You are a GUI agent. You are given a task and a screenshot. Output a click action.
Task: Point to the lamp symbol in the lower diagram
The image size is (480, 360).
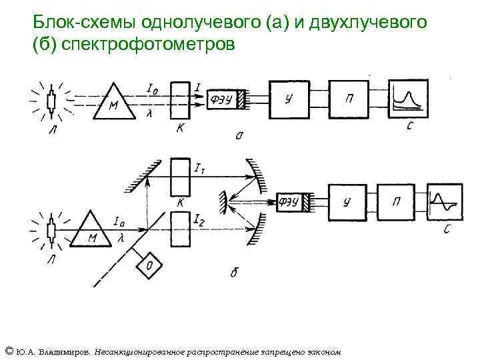coord(51,231)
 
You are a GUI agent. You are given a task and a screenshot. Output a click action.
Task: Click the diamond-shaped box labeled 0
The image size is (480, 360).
coord(147,265)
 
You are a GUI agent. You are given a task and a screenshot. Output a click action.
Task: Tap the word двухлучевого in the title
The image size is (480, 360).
coord(368,23)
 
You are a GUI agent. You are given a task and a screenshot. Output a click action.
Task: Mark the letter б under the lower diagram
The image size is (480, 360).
coord(233,272)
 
